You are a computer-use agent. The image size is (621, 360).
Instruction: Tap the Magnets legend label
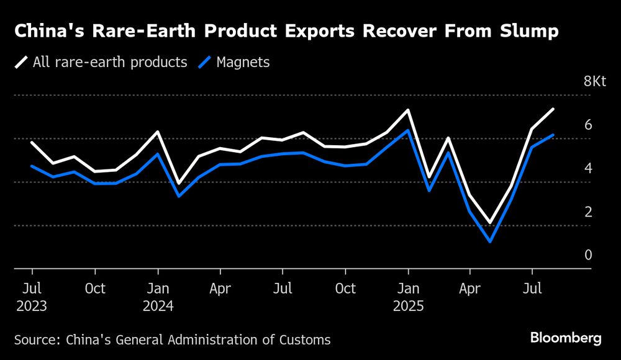[243, 62]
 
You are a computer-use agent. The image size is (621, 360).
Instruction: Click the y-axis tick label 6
[588, 125]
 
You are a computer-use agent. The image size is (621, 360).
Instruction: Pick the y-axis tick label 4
[588, 168]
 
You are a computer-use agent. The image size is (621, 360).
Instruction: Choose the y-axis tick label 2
[588, 212]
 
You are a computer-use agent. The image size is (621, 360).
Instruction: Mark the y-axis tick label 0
[588, 255]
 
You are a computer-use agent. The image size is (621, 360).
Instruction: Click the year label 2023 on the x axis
[32, 306]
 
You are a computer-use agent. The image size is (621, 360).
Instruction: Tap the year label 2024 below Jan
[158, 306]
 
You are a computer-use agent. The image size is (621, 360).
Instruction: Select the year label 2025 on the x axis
[407, 306]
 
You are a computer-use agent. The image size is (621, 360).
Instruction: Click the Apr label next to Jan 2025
[470, 289]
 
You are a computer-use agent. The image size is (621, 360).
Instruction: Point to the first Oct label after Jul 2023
[95, 289]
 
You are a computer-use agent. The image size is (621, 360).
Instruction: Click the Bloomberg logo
[566, 338]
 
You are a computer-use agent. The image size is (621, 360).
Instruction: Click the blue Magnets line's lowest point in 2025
[491, 241]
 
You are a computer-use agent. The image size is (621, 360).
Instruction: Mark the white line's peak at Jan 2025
[407, 110]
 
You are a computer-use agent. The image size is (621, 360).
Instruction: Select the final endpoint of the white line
[553, 109]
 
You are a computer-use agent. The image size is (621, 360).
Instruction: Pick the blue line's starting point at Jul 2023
[32, 166]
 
